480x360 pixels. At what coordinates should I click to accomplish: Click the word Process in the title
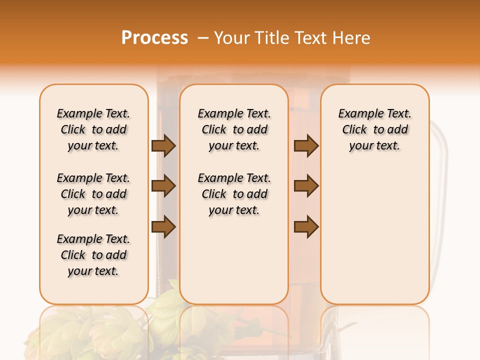point(154,38)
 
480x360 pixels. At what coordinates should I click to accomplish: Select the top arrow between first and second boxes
point(163,146)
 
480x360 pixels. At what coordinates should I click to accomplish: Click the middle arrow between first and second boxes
point(163,186)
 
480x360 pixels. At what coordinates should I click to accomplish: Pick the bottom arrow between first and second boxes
point(163,226)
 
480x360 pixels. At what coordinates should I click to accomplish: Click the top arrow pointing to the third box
point(306,146)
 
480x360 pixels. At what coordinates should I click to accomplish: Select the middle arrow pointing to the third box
point(306,186)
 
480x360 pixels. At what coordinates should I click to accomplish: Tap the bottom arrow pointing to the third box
point(306,226)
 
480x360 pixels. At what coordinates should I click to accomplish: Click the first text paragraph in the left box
point(93,129)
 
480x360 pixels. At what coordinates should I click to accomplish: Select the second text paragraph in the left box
point(93,194)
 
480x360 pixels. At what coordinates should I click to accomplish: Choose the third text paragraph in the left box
point(93,255)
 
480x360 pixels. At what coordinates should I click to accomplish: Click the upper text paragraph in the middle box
point(234,129)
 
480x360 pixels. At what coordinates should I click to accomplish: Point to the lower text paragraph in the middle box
point(234,194)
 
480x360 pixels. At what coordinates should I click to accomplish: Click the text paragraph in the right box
point(375,129)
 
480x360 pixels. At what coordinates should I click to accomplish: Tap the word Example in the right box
point(358,113)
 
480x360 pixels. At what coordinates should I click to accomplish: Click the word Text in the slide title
point(312,38)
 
